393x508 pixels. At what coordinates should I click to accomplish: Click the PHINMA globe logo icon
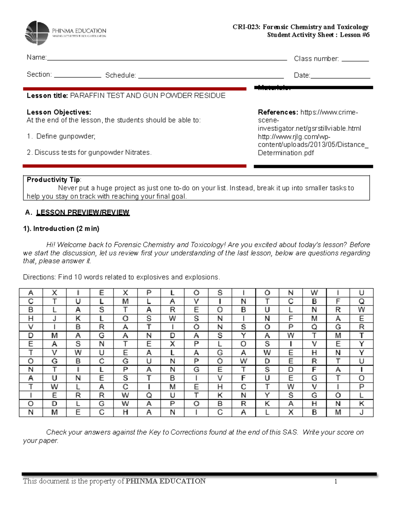tap(37, 33)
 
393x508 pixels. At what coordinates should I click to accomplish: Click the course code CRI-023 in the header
tap(246, 27)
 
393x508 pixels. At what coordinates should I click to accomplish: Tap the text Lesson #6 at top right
tap(355, 35)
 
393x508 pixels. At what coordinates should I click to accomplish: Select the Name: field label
tap(36, 58)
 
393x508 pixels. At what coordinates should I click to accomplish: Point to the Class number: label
tap(316, 59)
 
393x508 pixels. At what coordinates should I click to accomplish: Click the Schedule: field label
tap(120, 75)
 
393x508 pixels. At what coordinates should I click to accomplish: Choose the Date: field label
tap(302, 75)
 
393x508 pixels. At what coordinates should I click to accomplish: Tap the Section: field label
tap(39, 75)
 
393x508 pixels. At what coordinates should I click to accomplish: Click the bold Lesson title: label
tap(47, 96)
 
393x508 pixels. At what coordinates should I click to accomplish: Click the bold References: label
tap(278, 112)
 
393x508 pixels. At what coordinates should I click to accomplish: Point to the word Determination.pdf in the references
tap(286, 153)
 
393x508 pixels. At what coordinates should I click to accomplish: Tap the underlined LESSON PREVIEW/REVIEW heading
tap(83, 213)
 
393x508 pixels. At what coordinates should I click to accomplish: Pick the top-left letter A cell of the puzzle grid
tap(31, 293)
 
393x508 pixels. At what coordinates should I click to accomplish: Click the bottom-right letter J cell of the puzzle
tap(361, 412)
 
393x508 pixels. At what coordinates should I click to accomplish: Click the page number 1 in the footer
tap(336, 481)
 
